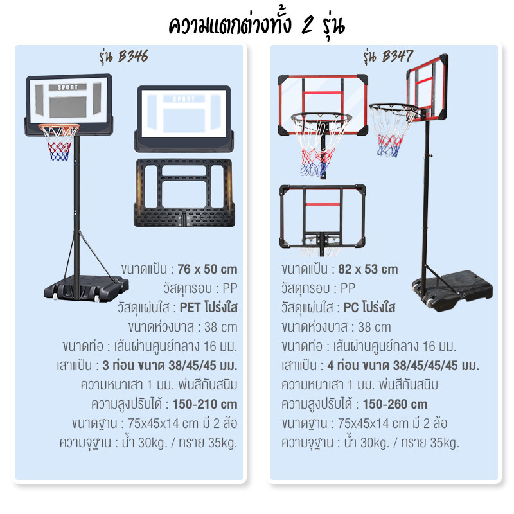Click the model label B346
[x=133, y=56]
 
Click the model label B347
[x=397, y=56]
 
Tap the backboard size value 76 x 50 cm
[x=207, y=269]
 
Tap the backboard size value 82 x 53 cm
[x=368, y=269]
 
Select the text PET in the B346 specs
[x=190, y=308]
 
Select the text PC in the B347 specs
[x=351, y=308]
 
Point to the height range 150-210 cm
[x=205, y=404]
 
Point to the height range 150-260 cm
[x=395, y=404]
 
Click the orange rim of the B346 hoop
[x=59, y=126]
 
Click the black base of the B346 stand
[x=86, y=287]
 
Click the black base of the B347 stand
[x=452, y=287]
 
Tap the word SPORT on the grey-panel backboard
[x=68, y=87]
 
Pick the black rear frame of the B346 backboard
[x=184, y=193]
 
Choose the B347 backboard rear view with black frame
[x=323, y=217]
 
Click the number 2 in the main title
[x=308, y=26]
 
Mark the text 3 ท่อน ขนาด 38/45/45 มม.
[x=170, y=366]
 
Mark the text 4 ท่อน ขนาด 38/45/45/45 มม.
[x=403, y=366]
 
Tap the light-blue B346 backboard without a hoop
[x=184, y=119]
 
